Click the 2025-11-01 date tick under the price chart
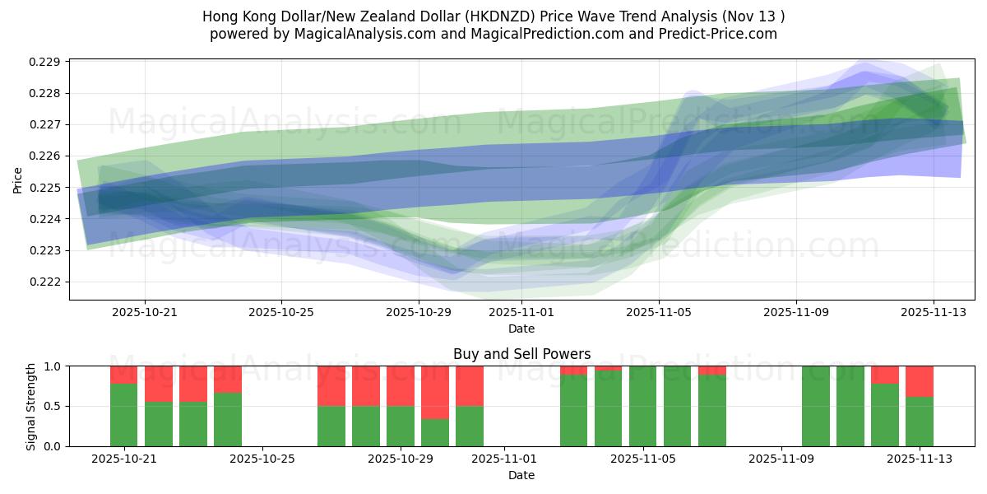click(521, 313)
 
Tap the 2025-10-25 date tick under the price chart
click(281, 313)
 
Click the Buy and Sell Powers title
click(521, 354)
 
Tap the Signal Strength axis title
click(31, 405)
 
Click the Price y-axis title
click(18, 179)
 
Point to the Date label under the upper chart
click(521, 329)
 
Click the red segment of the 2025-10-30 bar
click(435, 392)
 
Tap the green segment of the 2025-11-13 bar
click(920, 422)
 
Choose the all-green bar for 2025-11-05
click(643, 406)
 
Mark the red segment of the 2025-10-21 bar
click(123, 375)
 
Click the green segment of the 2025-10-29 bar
click(401, 426)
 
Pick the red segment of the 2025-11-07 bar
click(712, 370)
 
